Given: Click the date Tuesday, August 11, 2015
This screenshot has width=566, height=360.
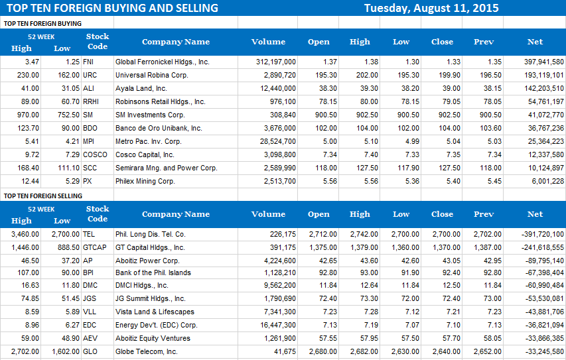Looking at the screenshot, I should tap(431, 8).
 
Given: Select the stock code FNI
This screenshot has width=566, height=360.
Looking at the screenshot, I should tap(88, 62).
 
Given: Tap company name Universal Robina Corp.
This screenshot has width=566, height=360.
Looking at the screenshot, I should tap(152, 75).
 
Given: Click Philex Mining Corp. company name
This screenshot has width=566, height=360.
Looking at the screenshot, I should tap(145, 181).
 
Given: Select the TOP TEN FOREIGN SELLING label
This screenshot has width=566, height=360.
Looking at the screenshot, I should tap(43, 196).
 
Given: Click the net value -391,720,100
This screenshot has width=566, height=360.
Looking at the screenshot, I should tap(539, 234).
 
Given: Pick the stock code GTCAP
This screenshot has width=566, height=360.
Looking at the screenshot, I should tap(94, 247).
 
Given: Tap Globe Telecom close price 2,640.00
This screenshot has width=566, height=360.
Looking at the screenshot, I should tap(442, 352).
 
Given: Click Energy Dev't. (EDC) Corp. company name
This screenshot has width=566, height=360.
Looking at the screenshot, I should tap(157, 326).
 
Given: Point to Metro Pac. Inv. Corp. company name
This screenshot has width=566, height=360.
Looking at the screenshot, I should tap(149, 141).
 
